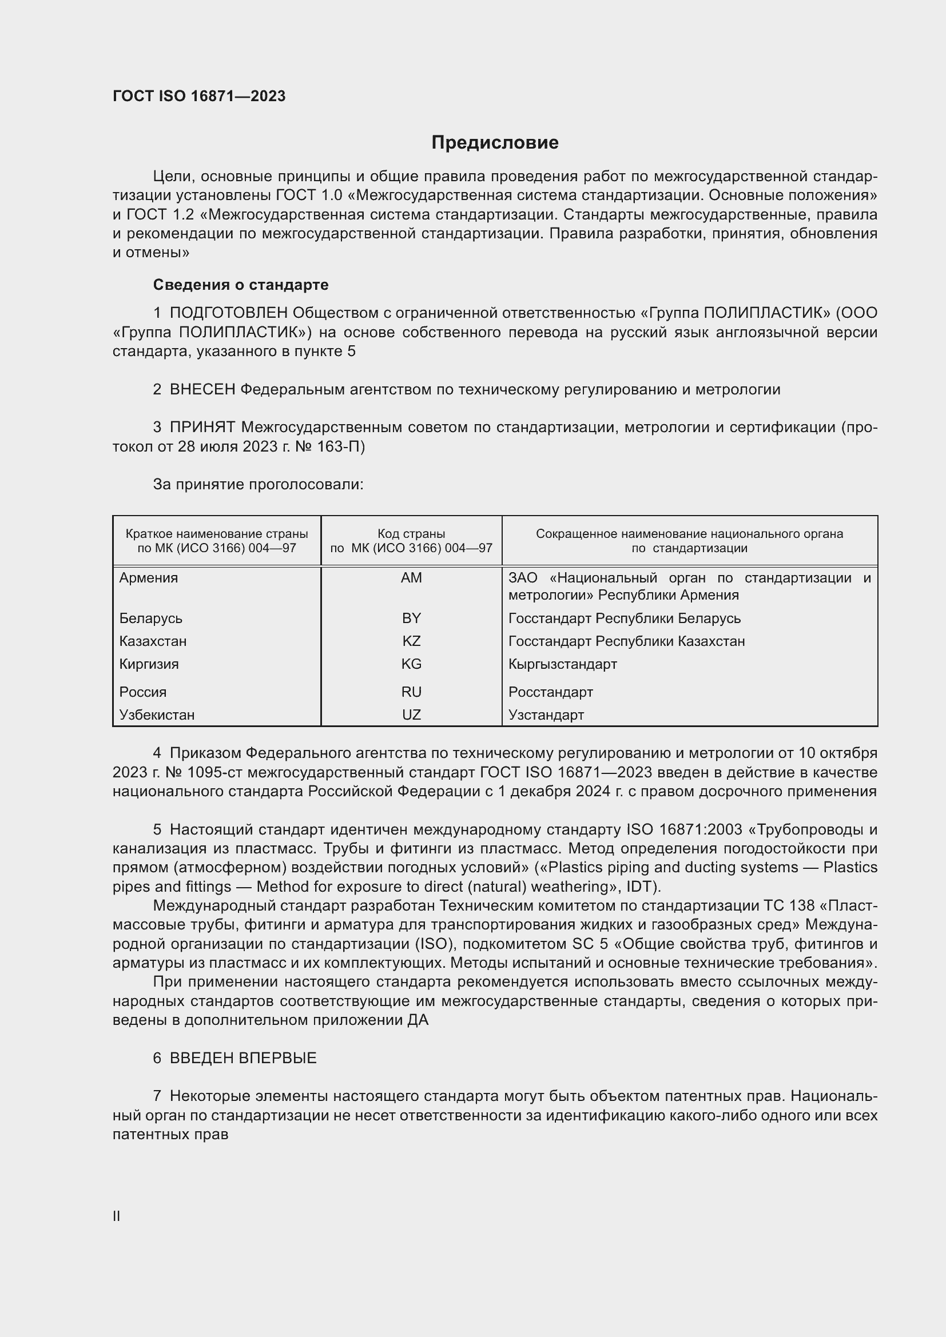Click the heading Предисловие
pos(495,143)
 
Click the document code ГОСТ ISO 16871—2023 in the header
pos(198,96)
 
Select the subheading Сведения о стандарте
pos(241,285)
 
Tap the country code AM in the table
pos(411,578)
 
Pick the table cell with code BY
pos(411,618)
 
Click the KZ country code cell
pos(411,641)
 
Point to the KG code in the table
pos(411,664)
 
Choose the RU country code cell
pos(411,692)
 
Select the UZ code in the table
pos(411,715)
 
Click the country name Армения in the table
pos(149,578)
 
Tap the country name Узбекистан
pos(157,715)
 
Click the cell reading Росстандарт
pos(550,692)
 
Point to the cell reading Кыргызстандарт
pos(562,664)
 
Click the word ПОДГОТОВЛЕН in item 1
pos(228,313)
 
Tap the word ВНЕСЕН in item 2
pos(202,390)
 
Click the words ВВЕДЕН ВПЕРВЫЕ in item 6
pos(243,1058)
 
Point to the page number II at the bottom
pos(117,1216)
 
